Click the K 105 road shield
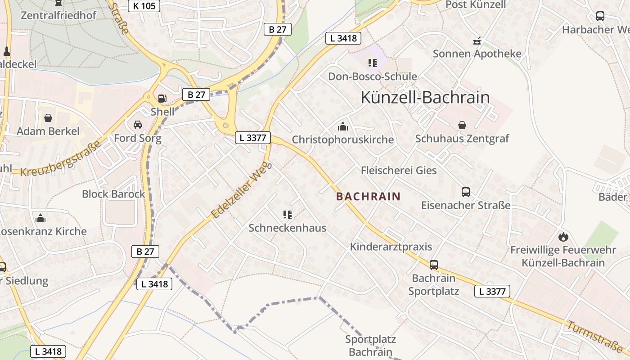point(144,6)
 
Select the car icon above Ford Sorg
point(138,125)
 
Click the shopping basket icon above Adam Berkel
point(48,118)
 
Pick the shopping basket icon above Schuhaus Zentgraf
point(462,125)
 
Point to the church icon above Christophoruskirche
point(343,126)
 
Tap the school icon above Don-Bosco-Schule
point(372,63)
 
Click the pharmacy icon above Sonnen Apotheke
point(477,41)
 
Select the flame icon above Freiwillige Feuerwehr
point(563,237)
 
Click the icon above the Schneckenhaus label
point(288,215)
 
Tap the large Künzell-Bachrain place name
point(425,98)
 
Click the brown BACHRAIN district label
point(368,196)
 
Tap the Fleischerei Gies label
point(399,171)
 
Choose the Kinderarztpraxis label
point(391,247)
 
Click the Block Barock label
point(113,194)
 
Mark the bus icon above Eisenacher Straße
point(466,192)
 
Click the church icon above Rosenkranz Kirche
point(40,219)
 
